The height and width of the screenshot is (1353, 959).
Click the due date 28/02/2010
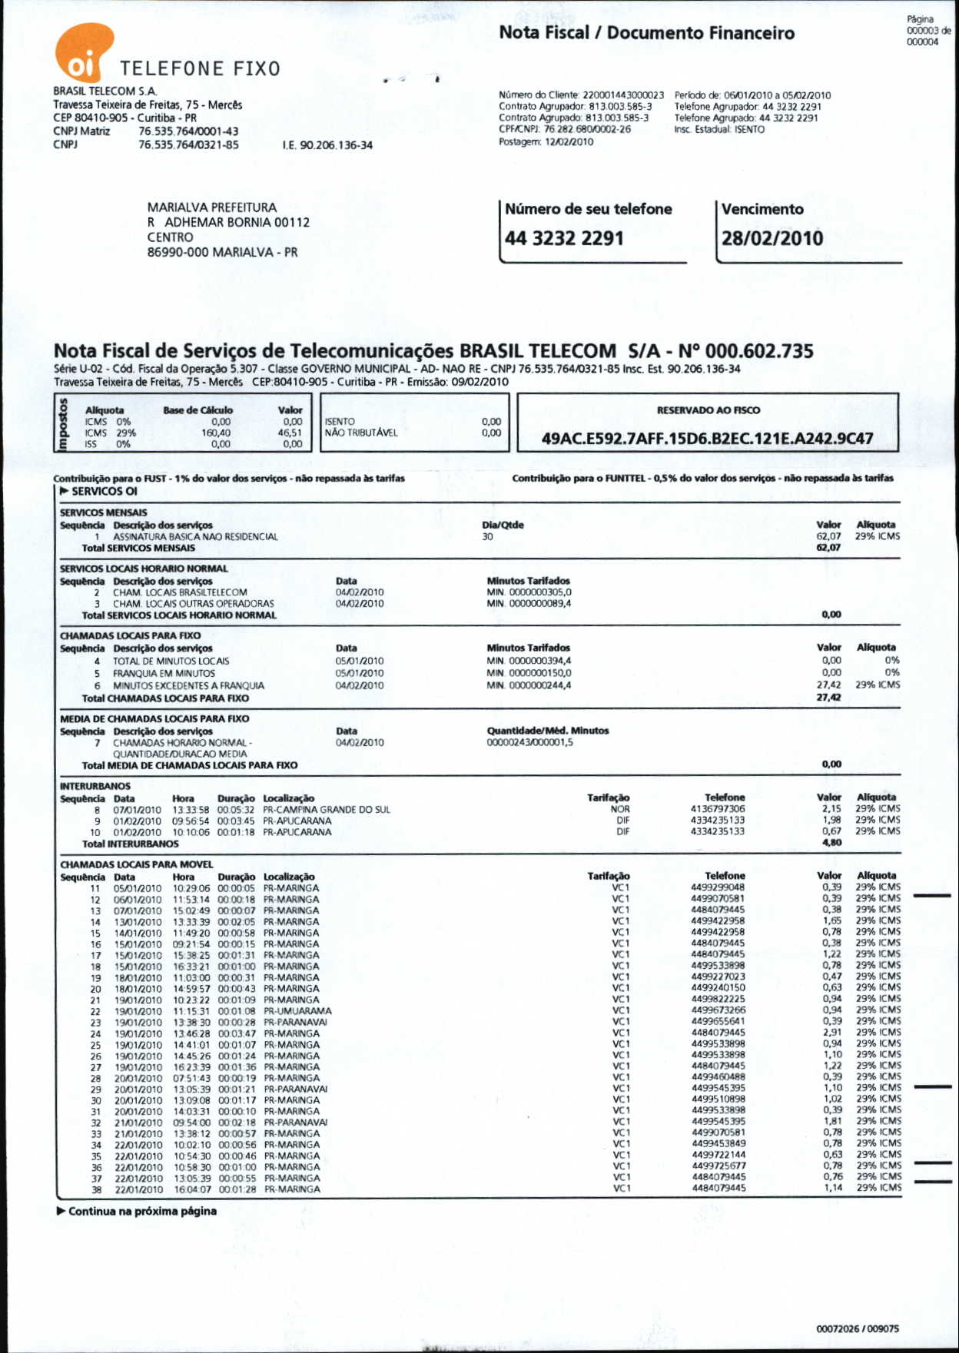[x=772, y=238]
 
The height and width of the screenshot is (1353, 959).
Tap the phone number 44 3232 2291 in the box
[x=564, y=238]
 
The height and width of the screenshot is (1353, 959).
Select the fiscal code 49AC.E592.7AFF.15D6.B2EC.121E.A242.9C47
[x=707, y=439]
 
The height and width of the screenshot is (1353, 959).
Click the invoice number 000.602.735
[x=759, y=352]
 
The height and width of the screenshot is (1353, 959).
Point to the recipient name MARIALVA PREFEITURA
[x=211, y=207]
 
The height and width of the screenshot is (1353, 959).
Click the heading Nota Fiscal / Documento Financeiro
[x=646, y=33]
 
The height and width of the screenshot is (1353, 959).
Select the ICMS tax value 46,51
[x=290, y=433]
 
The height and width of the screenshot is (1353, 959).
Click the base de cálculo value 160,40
[x=216, y=433]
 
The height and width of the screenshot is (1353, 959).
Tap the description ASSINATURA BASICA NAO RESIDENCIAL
[x=195, y=537]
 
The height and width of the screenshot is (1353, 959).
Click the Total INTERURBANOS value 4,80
[x=831, y=843]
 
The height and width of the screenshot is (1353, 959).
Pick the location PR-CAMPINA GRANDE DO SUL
[x=327, y=809]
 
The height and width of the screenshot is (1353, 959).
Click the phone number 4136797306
[x=718, y=809]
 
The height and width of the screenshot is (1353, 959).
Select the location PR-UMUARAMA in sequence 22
[x=297, y=1011]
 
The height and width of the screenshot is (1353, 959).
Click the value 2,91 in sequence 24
[x=832, y=1033]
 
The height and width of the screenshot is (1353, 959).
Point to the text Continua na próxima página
[x=142, y=1212]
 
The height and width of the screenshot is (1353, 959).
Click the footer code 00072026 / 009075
[x=857, y=1328]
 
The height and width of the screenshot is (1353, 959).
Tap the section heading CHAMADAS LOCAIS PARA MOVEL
[x=137, y=864]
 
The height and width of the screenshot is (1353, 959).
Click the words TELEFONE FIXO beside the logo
[x=200, y=69]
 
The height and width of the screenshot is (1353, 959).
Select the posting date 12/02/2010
[x=569, y=141]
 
